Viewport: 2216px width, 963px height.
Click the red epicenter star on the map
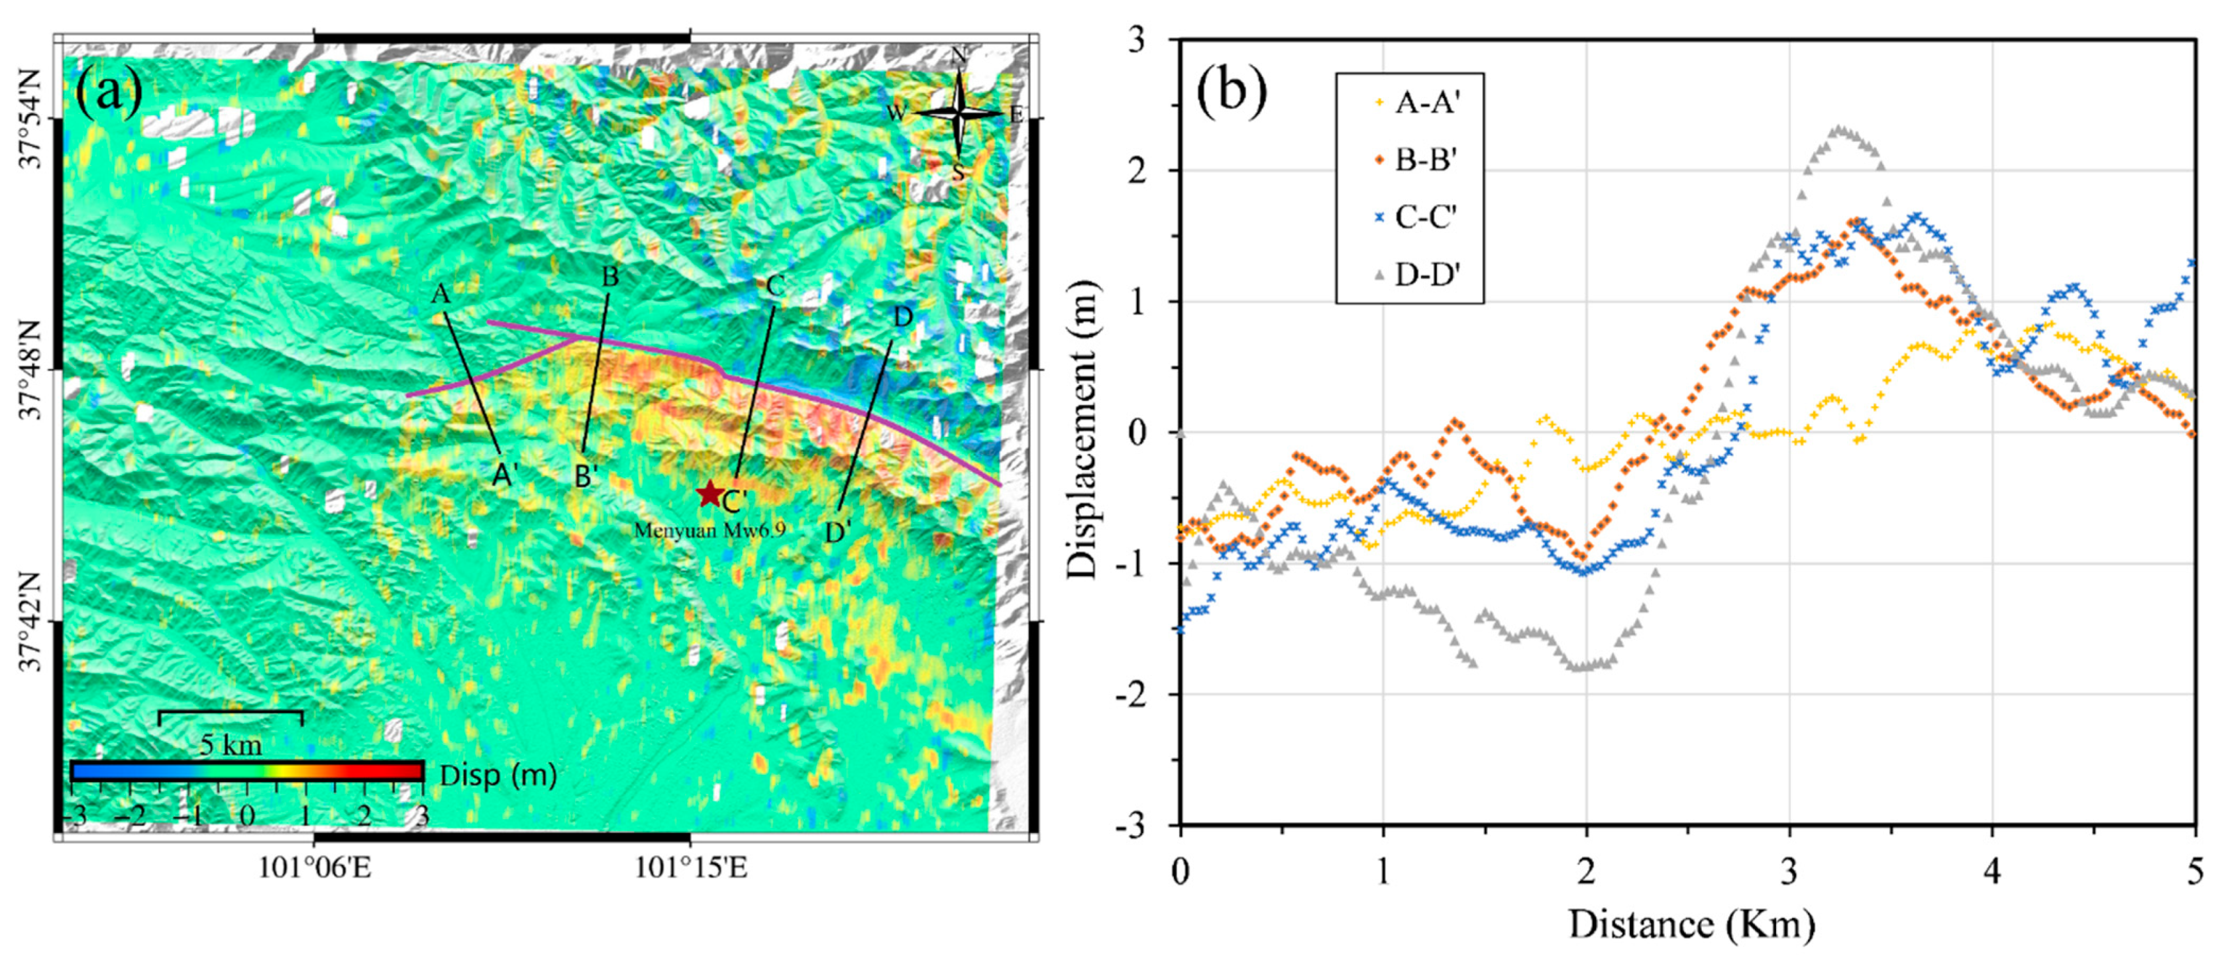point(709,494)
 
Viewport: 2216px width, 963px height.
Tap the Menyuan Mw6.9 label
point(709,530)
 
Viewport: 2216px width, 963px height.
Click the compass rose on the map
point(959,113)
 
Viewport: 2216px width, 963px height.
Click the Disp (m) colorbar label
point(498,775)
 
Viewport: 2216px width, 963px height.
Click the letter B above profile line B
point(610,277)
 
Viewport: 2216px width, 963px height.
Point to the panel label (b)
point(1232,90)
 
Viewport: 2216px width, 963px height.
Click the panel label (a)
point(109,92)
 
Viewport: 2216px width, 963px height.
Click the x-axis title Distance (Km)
point(1691,925)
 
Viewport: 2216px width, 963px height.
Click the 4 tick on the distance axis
point(1992,871)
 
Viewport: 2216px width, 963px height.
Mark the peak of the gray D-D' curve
point(1839,129)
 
